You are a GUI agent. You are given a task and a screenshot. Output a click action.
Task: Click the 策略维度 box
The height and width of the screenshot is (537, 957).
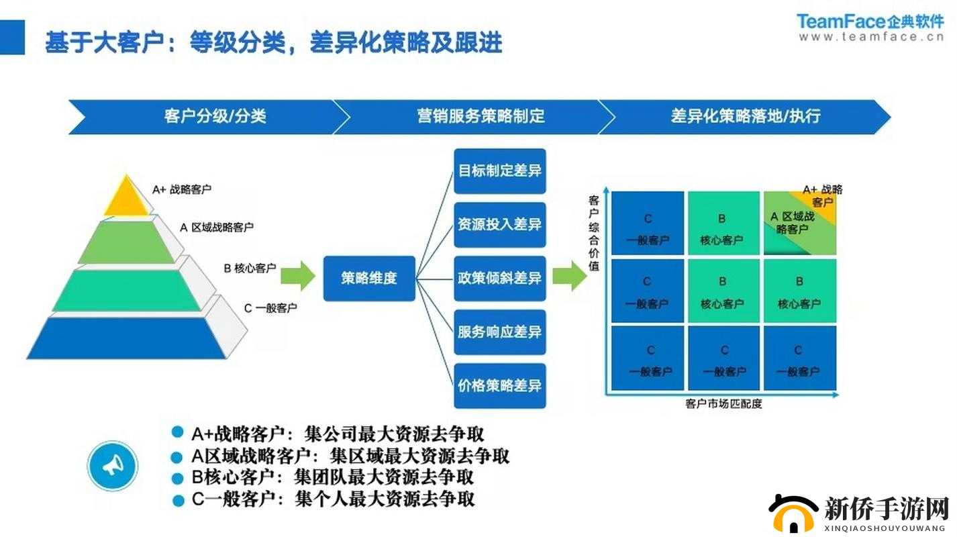pos(369,278)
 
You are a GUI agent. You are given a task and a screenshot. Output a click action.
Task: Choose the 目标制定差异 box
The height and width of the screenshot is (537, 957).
pos(500,170)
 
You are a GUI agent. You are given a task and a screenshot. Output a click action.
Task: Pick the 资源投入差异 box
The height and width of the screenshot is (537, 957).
pos(500,225)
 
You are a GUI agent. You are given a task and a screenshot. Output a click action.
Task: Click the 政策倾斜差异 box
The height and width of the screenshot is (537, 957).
pos(500,278)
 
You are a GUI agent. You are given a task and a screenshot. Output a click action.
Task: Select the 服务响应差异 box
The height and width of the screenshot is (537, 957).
pos(500,332)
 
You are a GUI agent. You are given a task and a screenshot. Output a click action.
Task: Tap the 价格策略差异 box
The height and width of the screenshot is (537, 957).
pos(500,385)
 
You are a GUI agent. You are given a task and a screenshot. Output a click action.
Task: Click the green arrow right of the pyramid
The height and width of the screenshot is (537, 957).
pos(297,276)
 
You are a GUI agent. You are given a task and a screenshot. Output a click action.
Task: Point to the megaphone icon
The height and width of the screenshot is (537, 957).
pos(112,465)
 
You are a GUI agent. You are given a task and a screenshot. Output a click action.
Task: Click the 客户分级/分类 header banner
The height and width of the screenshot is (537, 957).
pos(215,116)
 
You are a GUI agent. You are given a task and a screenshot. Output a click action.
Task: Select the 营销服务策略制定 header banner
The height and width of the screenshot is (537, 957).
pos(480,116)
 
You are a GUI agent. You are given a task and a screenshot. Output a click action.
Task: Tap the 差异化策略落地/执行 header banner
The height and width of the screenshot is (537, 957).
pos(745,116)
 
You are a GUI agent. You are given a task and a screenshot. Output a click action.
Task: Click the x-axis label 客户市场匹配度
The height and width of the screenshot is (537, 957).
pos(723,404)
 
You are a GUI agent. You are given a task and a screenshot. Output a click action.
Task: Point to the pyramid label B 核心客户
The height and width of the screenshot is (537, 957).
pos(250,268)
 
